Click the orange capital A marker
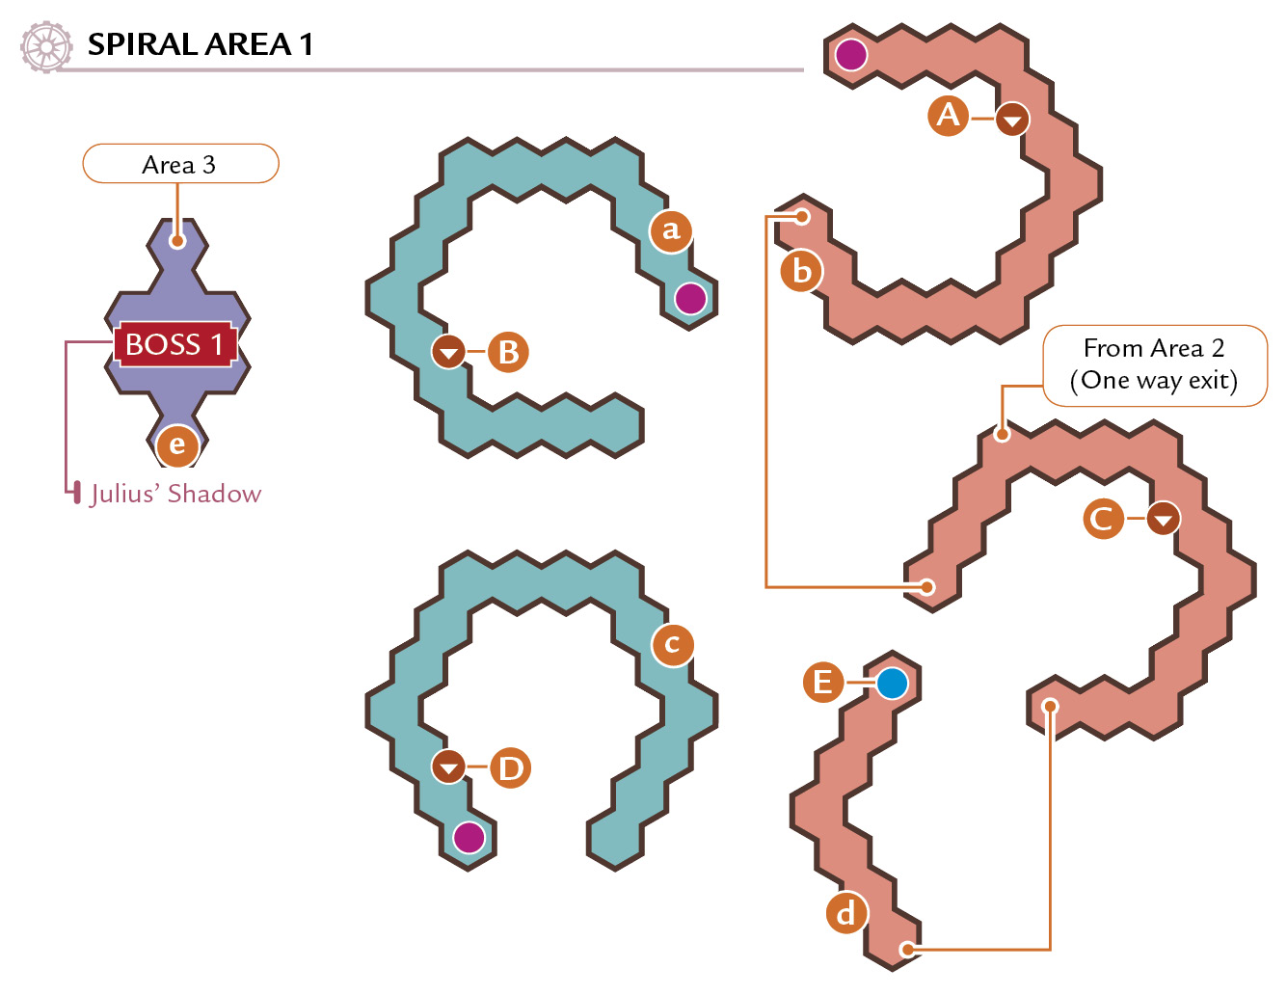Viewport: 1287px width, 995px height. [x=948, y=116]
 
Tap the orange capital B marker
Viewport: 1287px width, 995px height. [x=508, y=352]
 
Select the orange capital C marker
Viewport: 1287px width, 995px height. [x=1103, y=519]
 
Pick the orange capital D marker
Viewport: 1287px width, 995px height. [x=510, y=768]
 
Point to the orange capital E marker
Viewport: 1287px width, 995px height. [x=822, y=683]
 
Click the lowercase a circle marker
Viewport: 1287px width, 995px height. [x=670, y=231]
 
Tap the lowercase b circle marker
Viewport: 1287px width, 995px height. [x=801, y=272]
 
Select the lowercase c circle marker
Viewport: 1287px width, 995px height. [x=672, y=645]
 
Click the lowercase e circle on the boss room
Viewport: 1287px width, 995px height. [x=177, y=445]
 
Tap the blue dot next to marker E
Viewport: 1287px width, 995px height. [x=892, y=683]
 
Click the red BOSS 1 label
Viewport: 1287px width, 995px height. [x=175, y=344]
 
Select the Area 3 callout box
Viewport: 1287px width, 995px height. [x=180, y=164]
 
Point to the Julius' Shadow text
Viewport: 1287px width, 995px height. [x=175, y=494]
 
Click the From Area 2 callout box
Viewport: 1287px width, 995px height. [x=1155, y=365]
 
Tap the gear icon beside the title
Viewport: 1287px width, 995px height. [x=46, y=47]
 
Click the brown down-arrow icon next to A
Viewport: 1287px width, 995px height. [x=1012, y=119]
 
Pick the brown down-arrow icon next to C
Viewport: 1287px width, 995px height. [x=1164, y=519]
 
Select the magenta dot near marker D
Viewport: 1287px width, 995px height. [x=469, y=838]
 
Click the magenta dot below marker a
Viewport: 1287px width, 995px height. [x=690, y=298]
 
